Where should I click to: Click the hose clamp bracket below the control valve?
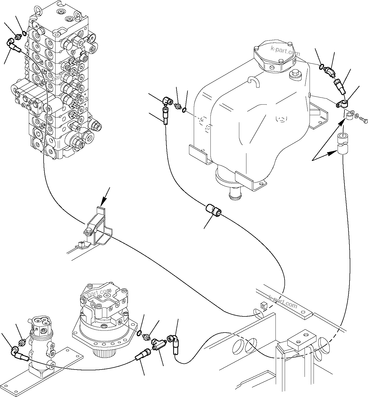98,225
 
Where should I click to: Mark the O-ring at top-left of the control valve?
24,33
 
